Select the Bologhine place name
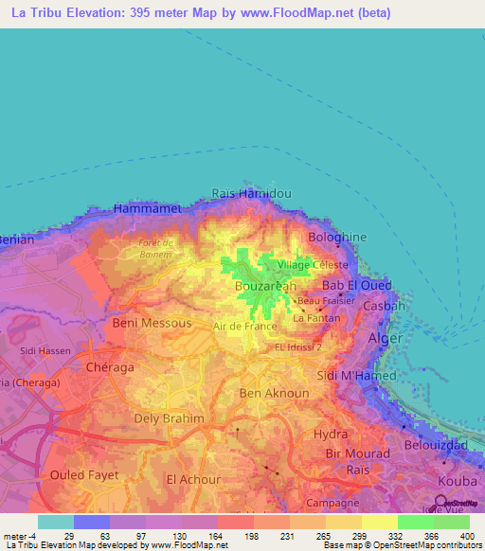coord(332,237)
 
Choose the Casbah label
coord(385,307)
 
